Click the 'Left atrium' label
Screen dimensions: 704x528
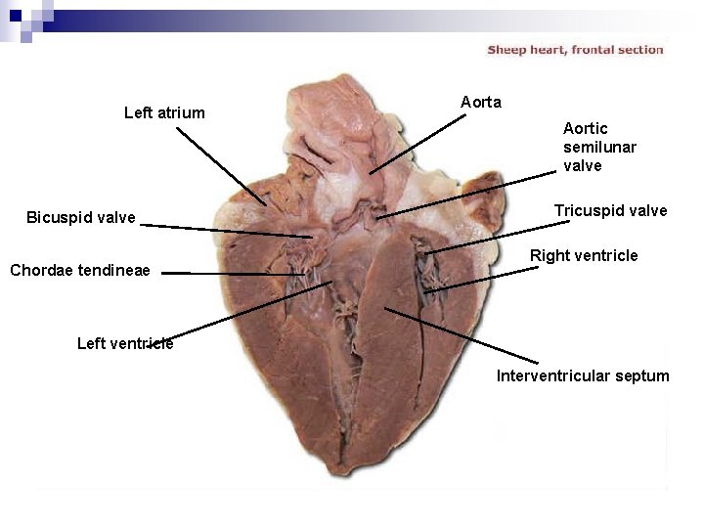coord(164,112)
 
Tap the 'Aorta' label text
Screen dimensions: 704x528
coord(481,102)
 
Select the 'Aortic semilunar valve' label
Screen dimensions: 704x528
coord(599,147)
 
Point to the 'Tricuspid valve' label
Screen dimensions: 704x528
coord(610,210)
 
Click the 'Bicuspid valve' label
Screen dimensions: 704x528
coord(81,217)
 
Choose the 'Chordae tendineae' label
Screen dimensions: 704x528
coord(80,271)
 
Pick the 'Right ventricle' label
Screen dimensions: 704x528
coord(584,256)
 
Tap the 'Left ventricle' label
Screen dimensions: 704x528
coord(124,342)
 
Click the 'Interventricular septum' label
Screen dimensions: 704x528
coord(583,375)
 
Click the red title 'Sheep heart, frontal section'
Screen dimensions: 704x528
coord(575,50)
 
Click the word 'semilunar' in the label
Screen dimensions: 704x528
coord(599,147)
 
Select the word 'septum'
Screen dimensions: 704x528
coord(640,375)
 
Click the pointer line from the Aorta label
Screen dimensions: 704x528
coord(418,144)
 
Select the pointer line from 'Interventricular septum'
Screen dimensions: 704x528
coord(460,334)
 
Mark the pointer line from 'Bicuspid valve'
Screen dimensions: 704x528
coord(225,231)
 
